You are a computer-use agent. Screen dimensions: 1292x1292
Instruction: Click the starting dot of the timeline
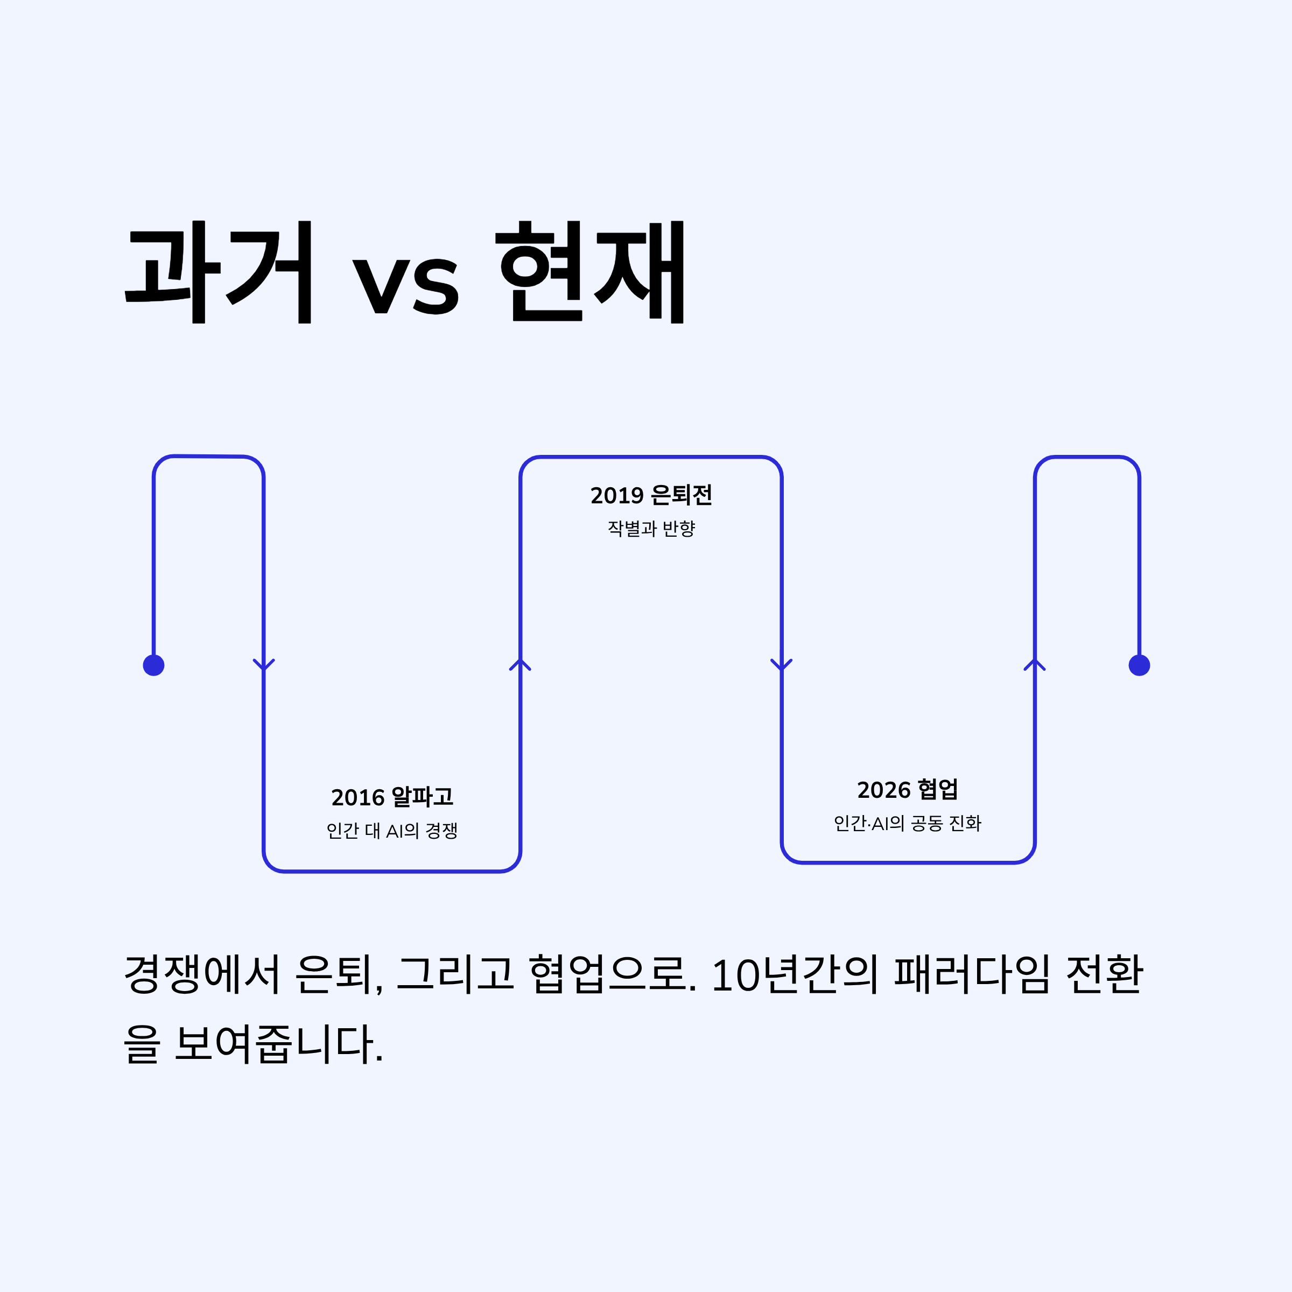(x=154, y=665)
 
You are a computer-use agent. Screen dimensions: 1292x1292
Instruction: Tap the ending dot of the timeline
(x=1140, y=665)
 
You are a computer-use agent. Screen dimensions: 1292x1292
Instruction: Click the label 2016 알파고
(x=392, y=797)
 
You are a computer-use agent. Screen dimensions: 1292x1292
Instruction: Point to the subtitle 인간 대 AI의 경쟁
(x=392, y=831)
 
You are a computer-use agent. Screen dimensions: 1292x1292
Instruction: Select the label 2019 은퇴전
(x=651, y=495)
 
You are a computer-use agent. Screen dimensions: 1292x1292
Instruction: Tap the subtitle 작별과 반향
(x=651, y=528)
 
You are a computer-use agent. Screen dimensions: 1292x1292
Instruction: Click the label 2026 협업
(x=908, y=790)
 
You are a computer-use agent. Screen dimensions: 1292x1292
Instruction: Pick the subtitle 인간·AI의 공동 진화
(x=908, y=823)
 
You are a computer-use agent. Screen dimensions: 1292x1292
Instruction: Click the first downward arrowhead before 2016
(x=264, y=664)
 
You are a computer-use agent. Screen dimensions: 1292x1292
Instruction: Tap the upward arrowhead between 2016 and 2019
(x=520, y=664)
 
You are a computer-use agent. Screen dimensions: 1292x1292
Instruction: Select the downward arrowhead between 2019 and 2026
(x=782, y=664)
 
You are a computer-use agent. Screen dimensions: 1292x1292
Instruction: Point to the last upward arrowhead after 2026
(x=1035, y=664)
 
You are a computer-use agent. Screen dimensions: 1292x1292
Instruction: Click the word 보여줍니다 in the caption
(x=278, y=1044)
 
